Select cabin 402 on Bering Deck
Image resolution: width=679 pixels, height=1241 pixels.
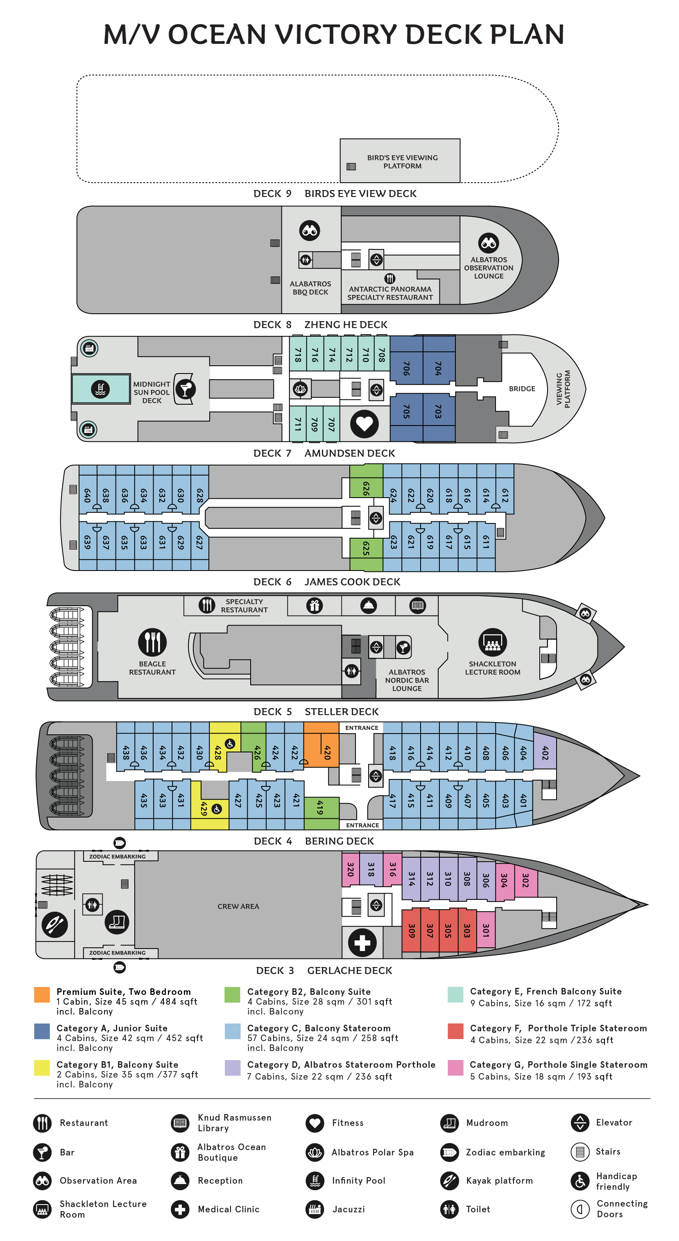coord(545,752)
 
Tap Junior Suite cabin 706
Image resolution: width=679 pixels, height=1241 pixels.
coord(406,369)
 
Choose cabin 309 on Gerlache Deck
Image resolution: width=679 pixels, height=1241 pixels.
coord(411,930)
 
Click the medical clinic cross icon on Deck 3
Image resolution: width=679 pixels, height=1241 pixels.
coord(362,942)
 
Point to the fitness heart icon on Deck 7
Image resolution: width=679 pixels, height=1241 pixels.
coord(364,424)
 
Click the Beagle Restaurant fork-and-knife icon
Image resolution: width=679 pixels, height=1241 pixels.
coord(152,642)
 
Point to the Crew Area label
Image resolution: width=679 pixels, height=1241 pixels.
coord(238,906)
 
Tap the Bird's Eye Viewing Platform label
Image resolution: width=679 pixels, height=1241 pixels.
coord(402,162)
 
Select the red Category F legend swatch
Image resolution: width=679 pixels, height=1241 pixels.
coord(455,1030)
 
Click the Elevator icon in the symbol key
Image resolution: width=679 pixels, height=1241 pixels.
coord(580,1123)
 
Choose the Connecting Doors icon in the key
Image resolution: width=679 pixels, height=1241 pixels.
coord(580,1209)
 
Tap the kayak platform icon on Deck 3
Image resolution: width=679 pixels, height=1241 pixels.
coord(54,924)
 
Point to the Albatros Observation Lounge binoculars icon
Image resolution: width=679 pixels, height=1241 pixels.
coord(488,243)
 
